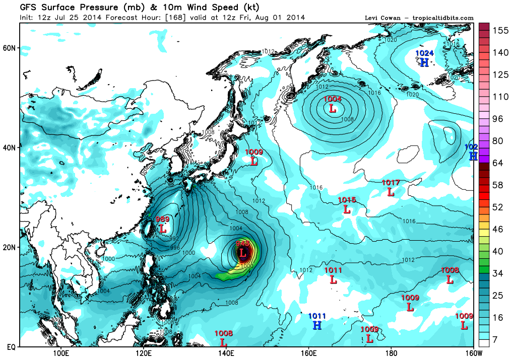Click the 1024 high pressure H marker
424,62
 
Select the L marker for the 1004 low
333,108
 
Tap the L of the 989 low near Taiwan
162,228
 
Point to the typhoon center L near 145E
242,252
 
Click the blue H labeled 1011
317,325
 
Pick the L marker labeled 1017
391,191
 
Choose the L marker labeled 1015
347,209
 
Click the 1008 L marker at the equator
223,342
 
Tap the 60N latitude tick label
11,48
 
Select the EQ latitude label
10,347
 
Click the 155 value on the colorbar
500,30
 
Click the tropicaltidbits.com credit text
442,18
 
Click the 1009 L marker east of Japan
254,161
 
